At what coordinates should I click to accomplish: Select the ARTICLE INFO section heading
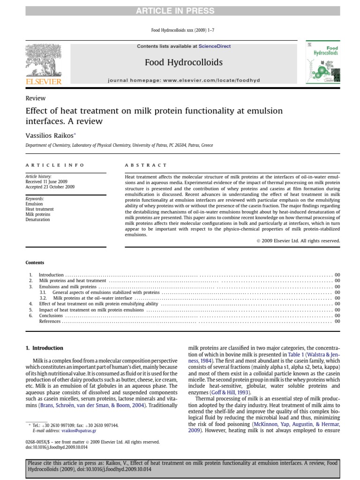[55, 165]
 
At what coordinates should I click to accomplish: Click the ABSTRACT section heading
[146, 165]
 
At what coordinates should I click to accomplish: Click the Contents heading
[35, 263]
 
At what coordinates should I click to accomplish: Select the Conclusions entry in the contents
[51, 315]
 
